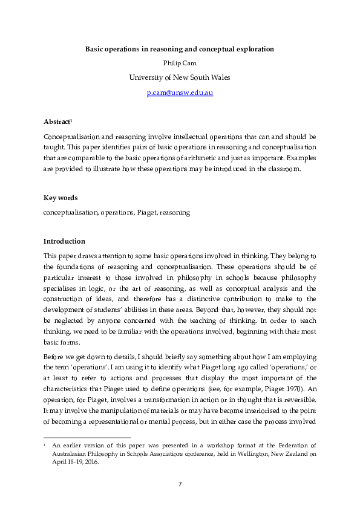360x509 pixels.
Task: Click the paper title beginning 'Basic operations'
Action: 180,48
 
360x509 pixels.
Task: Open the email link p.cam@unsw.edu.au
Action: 180,92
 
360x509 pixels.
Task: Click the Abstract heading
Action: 56,122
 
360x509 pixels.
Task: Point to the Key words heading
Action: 61,198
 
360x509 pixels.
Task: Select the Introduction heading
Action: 64,241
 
